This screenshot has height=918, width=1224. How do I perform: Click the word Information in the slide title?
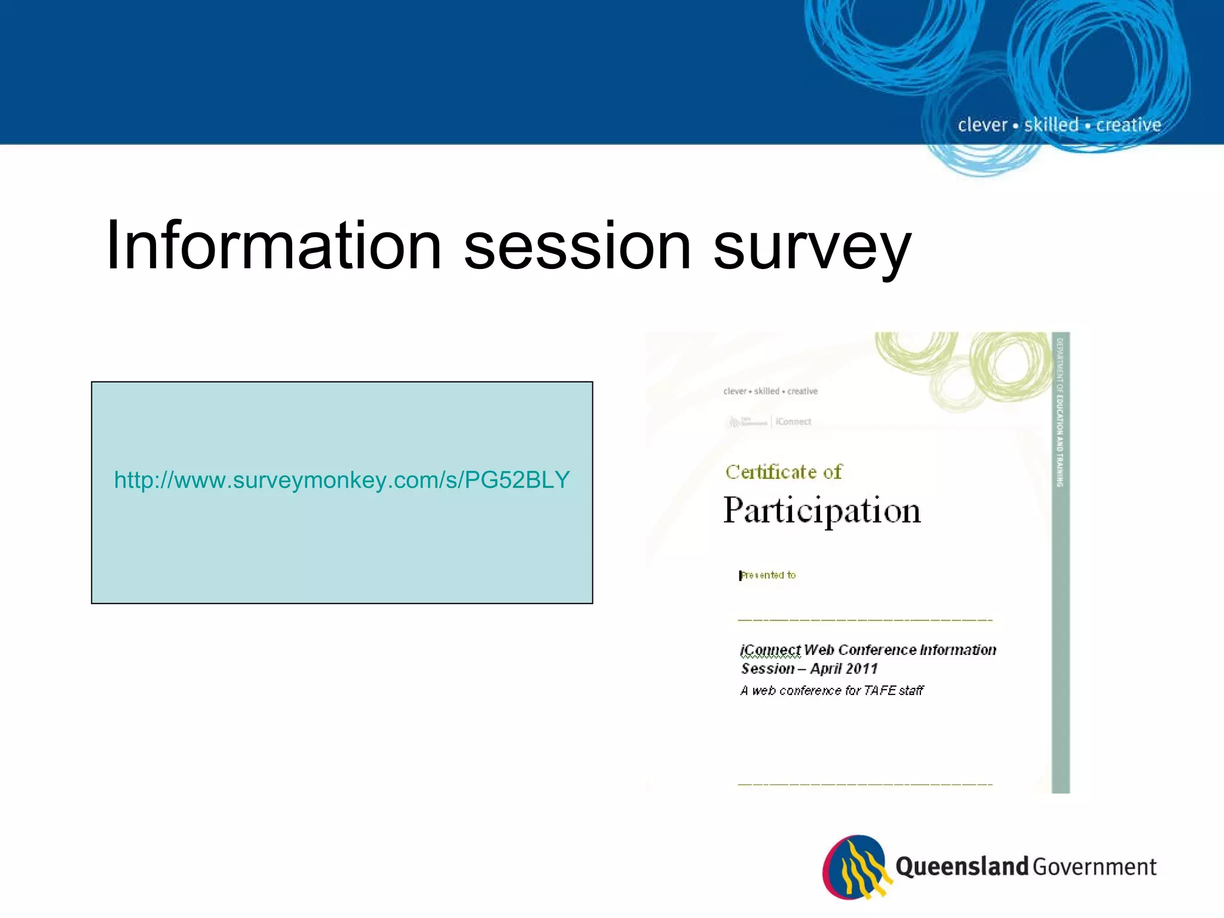click(x=274, y=246)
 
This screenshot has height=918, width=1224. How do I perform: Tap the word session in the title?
click(x=577, y=246)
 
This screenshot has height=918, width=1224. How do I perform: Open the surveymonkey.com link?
click(x=342, y=480)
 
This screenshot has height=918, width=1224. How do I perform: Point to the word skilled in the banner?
click(x=1051, y=125)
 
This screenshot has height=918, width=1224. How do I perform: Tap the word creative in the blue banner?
click(x=1128, y=125)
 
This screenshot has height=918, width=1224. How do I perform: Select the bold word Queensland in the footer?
click(x=961, y=867)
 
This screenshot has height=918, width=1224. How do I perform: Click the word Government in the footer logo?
click(x=1095, y=867)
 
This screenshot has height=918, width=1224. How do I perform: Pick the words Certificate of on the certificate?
click(x=783, y=472)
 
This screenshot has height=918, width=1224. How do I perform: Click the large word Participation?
click(x=822, y=511)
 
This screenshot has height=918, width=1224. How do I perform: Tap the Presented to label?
click(x=768, y=575)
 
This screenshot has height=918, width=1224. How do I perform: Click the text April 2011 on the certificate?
click(x=844, y=669)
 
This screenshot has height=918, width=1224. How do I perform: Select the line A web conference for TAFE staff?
click(x=831, y=691)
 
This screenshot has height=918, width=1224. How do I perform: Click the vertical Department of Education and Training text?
click(x=1060, y=412)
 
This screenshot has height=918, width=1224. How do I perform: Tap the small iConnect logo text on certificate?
click(x=793, y=422)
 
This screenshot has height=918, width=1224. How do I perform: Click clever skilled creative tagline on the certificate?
click(x=770, y=391)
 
